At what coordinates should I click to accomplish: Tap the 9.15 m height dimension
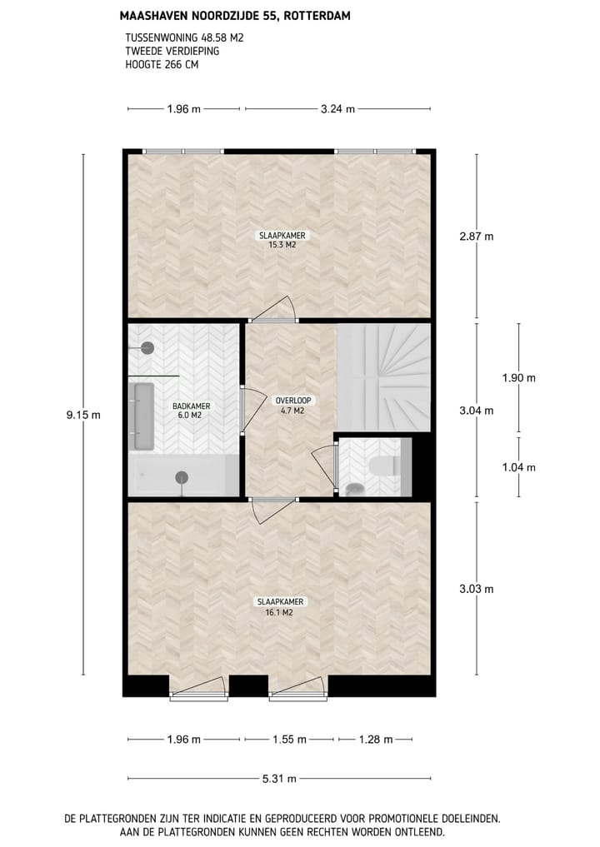pyautogui.click(x=83, y=415)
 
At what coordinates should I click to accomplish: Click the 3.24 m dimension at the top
pyautogui.click(x=337, y=108)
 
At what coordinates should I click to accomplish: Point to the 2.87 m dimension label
pyautogui.click(x=477, y=237)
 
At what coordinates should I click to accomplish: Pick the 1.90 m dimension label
pyautogui.click(x=518, y=377)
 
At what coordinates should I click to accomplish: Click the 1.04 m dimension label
pyautogui.click(x=518, y=467)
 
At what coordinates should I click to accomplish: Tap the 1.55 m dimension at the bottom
pyautogui.click(x=289, y=739)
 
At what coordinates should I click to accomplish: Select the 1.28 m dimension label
pyautogui.click(x=376, y=739)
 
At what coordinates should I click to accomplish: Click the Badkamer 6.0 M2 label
pyautogui.click(x=191, y=411)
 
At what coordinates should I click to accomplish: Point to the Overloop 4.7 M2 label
pyautogui.click(x=290, y=406)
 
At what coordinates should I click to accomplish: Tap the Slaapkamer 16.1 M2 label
pyautogui.click(x=281, y=605)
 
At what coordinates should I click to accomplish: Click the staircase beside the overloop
pyautogui.click(x=383, y=376)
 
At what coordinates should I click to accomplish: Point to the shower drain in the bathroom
pyautogui.click(x=181, y=477)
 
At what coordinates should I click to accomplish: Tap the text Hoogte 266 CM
pyautogui.click(x=162, y=64)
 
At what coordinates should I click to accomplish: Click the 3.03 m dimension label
pyautogui.click(x=477, y=589)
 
